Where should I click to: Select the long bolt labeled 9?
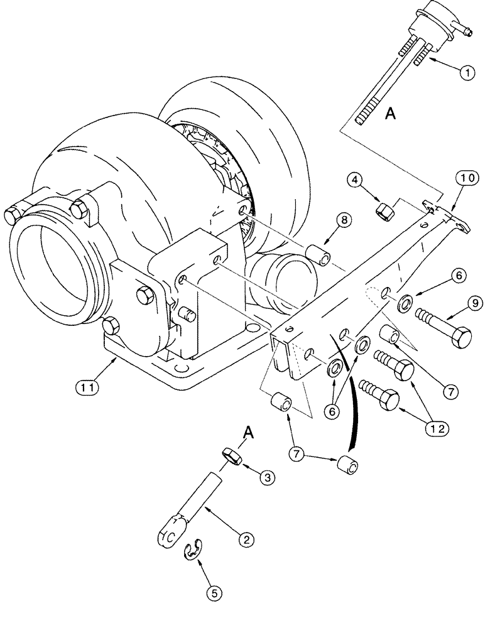447,330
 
